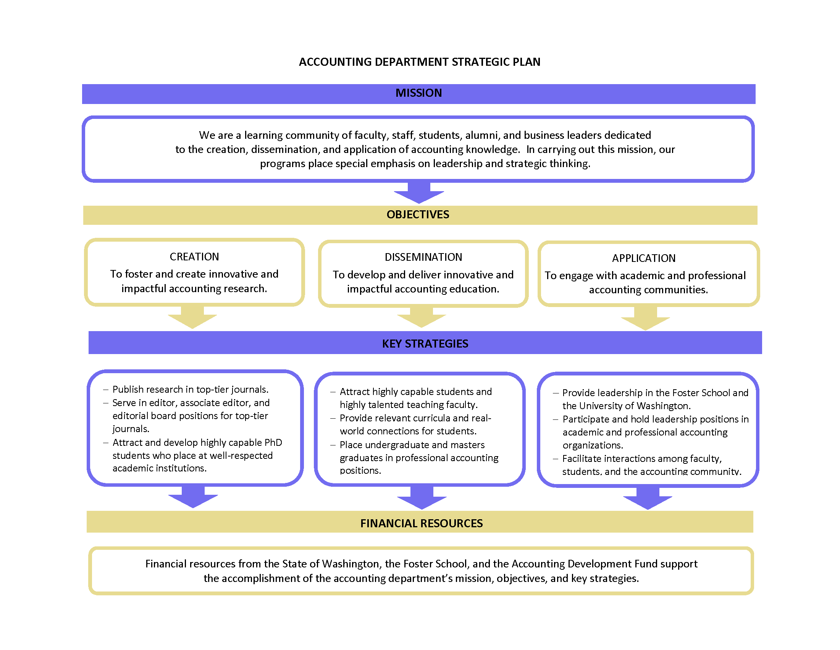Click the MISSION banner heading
pos(418,93)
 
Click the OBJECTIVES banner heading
pos(418,214)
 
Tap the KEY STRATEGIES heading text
pos(425,343)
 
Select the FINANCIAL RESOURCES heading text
pos(422,523)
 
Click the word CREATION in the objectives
pos(194,257)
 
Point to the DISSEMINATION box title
pos(423,257)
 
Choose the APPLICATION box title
pos(644,258)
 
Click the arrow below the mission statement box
pos(419,192)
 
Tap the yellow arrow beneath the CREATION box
pos(192,317)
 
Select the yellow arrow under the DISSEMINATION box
pos(422,317)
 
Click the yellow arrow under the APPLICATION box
pos(645,318)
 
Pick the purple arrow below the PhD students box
pos(193,496)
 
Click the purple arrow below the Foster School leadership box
pos(648,498)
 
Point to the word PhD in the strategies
pos(273,442)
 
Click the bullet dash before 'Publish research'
pos(106,390)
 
